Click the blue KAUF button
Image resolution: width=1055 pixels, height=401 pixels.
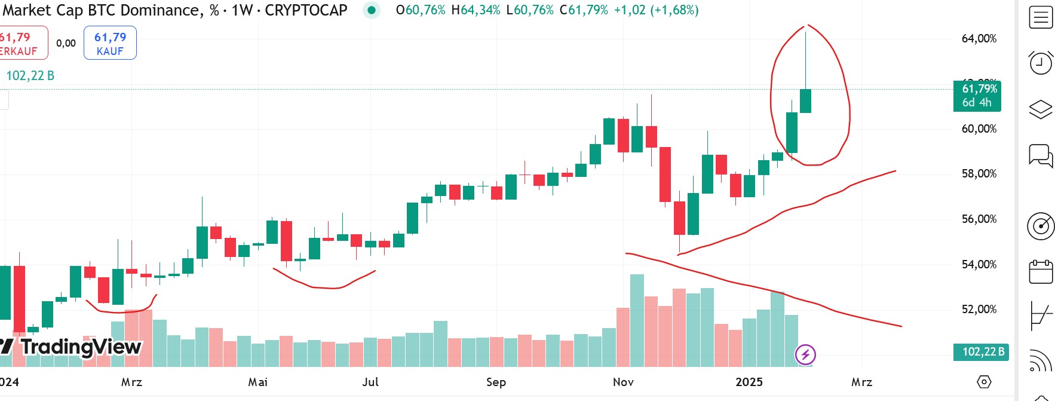[x=110, y=43]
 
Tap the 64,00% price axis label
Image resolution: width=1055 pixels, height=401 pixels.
[x=979, y=39]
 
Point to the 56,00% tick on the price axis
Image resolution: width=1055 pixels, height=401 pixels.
[x=979, y=219]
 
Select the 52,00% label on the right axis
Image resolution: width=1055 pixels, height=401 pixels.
[x=979, y=310]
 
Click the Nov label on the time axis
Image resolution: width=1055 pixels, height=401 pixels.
[x=623, y=382]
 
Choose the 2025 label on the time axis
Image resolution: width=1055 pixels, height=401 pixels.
[x=749, y=382]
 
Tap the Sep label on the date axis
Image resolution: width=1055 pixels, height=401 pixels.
[x=496, y=382]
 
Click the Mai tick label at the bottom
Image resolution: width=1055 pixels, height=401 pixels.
[x=258, y=382]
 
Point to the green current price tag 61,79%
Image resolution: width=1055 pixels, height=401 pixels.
[x=979, y=96]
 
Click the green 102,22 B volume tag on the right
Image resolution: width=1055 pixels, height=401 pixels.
[x=983, y=352]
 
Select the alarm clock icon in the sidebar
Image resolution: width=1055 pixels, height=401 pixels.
[x=1040, y=62]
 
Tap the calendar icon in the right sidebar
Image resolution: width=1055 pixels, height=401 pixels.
[x=1041, y=272]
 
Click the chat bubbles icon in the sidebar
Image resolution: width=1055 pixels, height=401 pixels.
[x=1041, y=156]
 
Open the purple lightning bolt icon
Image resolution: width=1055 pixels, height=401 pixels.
[x=805, y=355]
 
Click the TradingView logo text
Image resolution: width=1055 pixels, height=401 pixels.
[x=81, y=347]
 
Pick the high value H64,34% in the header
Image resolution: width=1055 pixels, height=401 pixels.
[x=476, y=10]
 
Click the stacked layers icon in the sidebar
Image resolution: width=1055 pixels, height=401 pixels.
[x=1041, y=109]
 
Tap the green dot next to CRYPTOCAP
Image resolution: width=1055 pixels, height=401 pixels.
[x=372, y=10]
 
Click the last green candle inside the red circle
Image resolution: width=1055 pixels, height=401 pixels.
[x=805, y=100]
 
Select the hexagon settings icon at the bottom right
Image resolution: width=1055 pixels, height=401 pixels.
[x=984, y=382]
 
